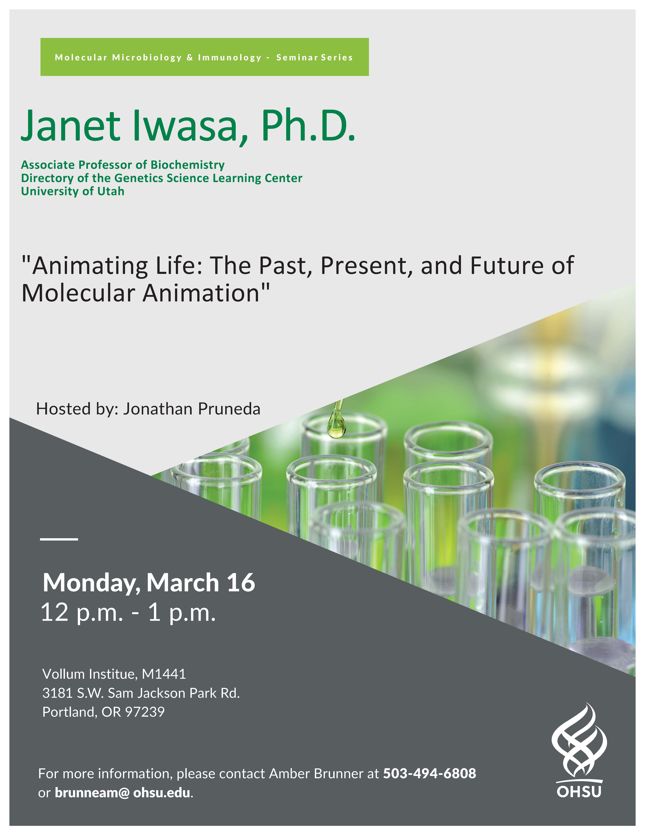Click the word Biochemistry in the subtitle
188,165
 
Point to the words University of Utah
73,191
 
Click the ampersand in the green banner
190,57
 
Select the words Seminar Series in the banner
314,57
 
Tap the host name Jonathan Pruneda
192,409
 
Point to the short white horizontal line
59,539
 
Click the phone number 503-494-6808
430,773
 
